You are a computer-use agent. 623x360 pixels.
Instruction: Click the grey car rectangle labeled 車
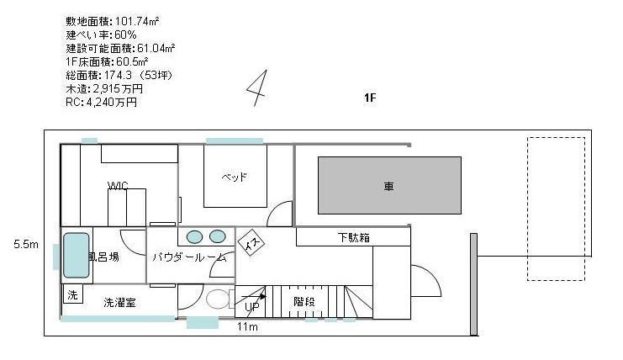coord(389,186)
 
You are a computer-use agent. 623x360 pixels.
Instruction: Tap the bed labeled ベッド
coord(235,176)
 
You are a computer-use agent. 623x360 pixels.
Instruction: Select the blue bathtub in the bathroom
coord(76,255)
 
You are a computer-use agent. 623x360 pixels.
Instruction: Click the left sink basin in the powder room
coord(194,237)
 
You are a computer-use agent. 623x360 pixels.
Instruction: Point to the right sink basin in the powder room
coord(217,236)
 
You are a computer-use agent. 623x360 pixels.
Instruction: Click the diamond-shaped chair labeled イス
coord(251,242)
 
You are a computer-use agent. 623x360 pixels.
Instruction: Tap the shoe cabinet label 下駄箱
coord(354,237)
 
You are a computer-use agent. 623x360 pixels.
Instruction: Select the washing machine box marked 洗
coord(72,294)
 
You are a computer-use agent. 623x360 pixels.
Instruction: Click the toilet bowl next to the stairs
coord(217,299)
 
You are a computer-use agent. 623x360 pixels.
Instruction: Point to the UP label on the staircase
coord(252,307)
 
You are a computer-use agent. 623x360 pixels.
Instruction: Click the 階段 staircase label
coord(304,302)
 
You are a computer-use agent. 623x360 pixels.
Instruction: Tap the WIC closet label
coord(118,186)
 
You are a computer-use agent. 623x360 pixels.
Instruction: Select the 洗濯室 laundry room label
coord(119,303)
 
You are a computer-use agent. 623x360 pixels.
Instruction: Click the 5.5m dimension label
coord(26,244)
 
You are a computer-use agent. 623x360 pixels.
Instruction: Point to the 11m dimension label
coord(247,326)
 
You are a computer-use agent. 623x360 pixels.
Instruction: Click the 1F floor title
coord(370,98)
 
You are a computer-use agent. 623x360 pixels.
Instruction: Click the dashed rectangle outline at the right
coord(528,209)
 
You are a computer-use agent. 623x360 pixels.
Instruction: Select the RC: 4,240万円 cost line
coord(102,103)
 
